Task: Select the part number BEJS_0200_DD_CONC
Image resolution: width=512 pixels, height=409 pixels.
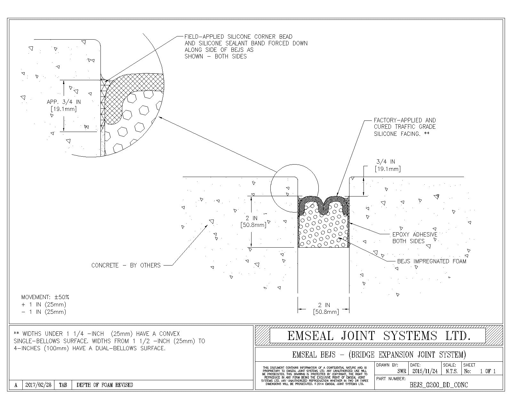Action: point(438,385)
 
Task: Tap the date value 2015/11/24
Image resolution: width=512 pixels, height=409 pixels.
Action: point(425,371)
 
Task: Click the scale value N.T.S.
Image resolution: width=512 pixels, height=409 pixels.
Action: point(452,371)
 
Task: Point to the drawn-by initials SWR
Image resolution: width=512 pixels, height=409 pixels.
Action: point(402,371)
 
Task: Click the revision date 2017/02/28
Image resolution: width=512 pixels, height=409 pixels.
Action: point(38,385)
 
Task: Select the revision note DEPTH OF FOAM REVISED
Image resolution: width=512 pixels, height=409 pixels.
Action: point(105,385)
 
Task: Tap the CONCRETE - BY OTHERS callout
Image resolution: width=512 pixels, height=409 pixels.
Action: point(126,265)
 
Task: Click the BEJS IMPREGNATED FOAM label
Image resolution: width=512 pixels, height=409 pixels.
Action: point(432,261)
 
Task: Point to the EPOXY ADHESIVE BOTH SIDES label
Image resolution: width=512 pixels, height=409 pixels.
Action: point(415,238)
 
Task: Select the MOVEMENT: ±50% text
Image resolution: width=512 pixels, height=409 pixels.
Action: point(45,297)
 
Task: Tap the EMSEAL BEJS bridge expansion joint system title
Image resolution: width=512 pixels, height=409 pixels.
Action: point(379,355)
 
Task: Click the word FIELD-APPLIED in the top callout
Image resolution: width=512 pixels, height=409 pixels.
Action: point(204,37)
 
